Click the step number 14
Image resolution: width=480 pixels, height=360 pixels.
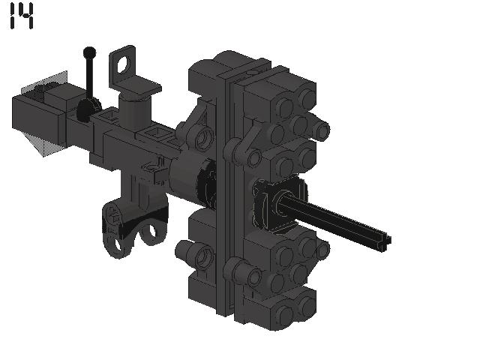(22, 16)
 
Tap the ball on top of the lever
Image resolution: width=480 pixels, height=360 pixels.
(89, 52)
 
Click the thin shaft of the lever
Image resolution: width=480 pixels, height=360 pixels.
(90, 78)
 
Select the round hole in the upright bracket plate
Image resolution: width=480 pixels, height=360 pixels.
(123, 64)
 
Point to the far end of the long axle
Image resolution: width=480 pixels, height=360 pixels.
(386, 241)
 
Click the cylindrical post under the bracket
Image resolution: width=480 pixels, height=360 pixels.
(135, 112)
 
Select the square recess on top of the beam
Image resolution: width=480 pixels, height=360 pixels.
(155, 133)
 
